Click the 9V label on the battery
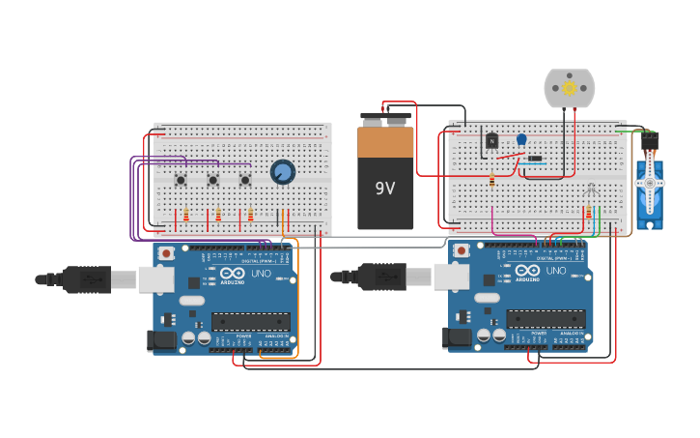385,188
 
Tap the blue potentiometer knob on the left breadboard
282,172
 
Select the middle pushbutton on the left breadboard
213,180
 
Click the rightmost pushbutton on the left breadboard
245,180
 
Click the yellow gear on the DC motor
569,88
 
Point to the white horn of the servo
649,183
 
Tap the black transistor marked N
491,141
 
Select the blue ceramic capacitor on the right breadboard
521,139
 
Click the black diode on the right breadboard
533,160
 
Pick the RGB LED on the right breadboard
590,189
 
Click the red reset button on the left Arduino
166,253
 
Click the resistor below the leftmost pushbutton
185,216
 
